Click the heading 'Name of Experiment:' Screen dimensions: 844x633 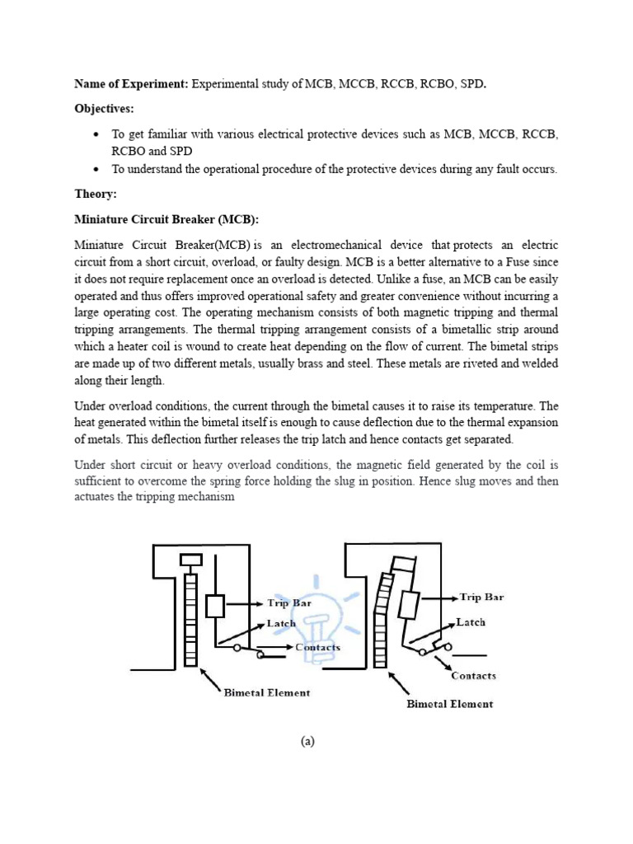[131, 84]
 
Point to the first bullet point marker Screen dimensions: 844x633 [97, 134]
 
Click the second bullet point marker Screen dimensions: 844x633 [97, 170]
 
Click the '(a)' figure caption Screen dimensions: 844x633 [308, 742]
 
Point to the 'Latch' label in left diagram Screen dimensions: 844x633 [281, 624]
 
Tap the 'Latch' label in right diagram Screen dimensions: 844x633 [471, 622]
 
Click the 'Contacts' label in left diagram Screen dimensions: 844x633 [317, 647]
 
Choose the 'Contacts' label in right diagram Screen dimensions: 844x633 [473, 676]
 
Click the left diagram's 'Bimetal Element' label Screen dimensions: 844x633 [267, 693]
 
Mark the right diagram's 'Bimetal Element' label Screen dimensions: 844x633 [450, 705]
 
